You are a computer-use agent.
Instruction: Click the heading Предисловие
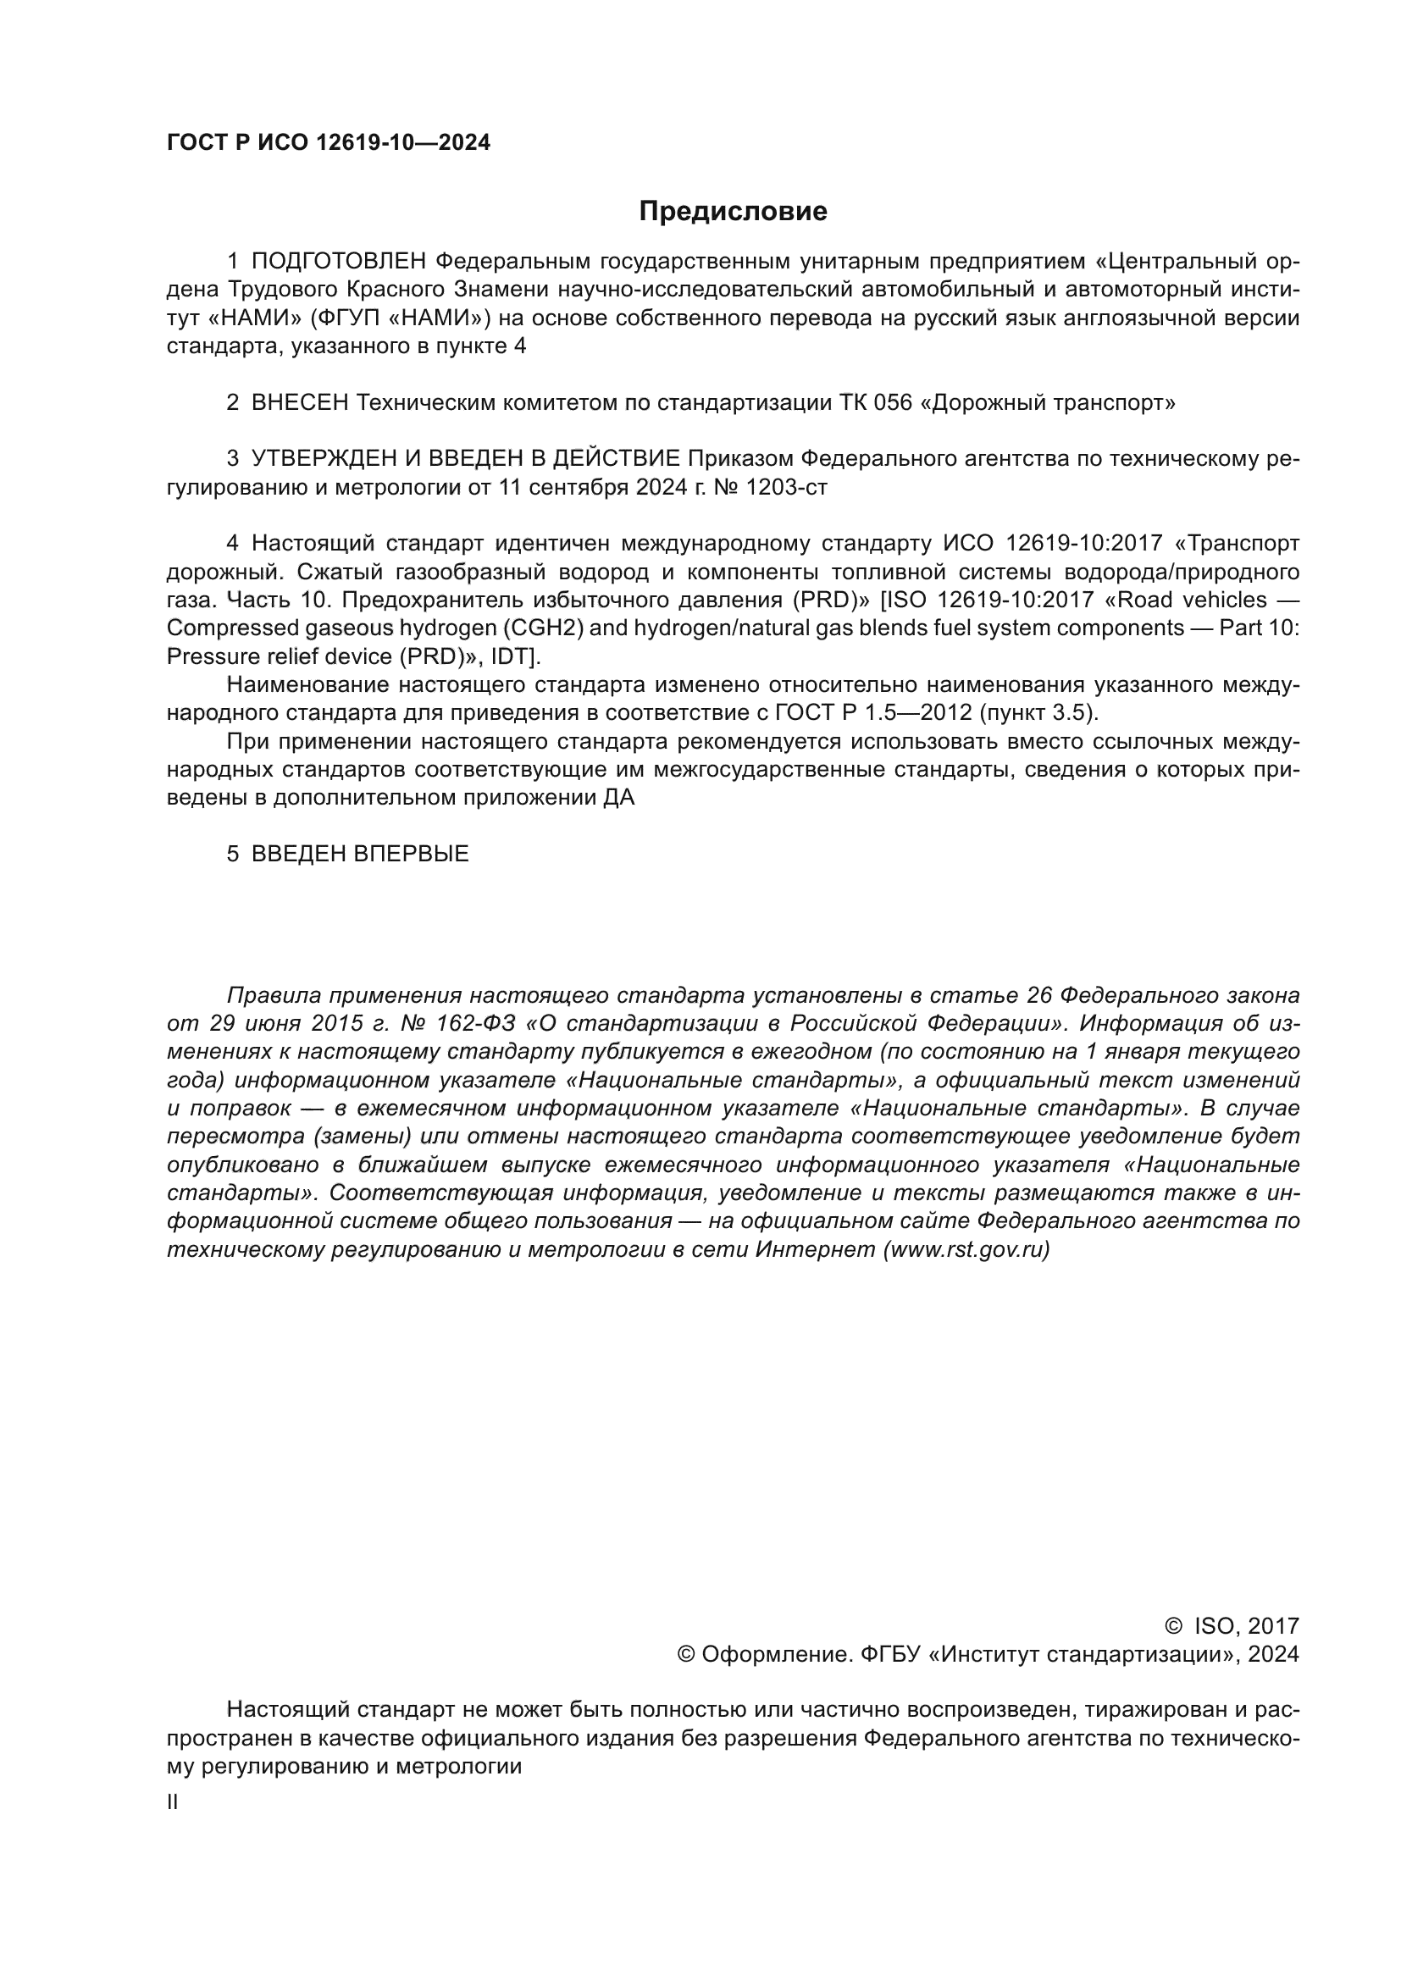pyautogui.click(x=733, y=212)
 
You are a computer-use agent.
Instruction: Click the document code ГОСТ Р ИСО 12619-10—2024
pyautogui.click(x=328, y=143)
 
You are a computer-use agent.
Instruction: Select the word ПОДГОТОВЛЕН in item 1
pyautogui.click(x=339, y=262)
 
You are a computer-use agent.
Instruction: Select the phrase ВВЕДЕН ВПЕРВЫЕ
pyautogui.click(x=360, y=855)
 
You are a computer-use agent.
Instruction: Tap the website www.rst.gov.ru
pyautogui.click(x=966, y=1249)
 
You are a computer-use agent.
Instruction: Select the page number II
pyautogui.click(x=173, y=1802)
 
